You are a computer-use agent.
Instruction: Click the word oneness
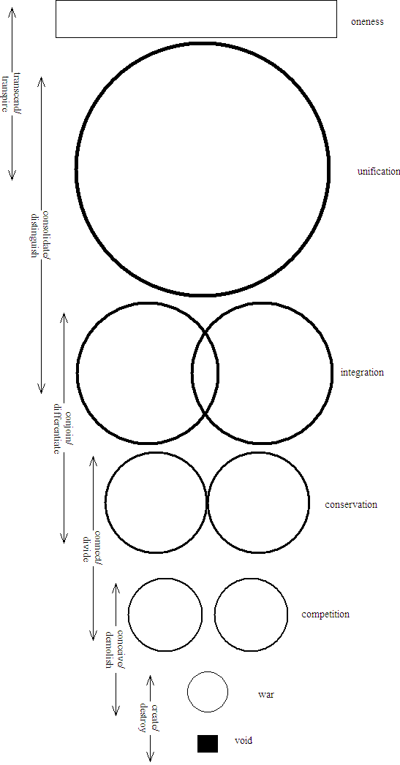(x=367, y=22)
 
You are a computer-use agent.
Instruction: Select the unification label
(x=379, y=171)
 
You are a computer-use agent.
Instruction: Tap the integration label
(x=362, y=372)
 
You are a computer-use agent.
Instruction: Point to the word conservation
(x=351, y=504)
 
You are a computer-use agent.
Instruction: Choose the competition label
(x=325, y=614)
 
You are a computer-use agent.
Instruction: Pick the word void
(x=244, y=741)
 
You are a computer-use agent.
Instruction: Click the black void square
(x=208, y=744)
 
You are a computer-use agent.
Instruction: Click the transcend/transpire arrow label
(x=13, y=93)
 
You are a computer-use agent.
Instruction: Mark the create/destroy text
(x=149, y=718)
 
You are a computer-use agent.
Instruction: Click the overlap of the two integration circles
(x=205, y=373)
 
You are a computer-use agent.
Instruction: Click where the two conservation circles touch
(x=208, y=503)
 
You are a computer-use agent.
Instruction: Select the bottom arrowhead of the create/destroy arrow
(x=149, y=760)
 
